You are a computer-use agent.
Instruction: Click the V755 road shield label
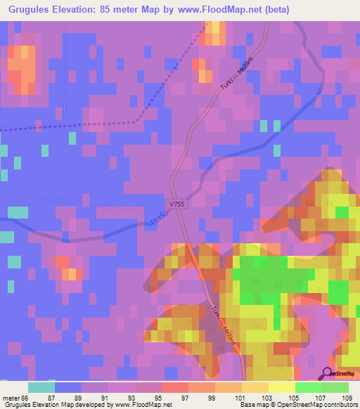(176, 203)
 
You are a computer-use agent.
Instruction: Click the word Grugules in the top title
(28, 10)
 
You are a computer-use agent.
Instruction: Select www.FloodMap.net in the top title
(221, 10)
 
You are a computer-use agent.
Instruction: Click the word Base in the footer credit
(247, 405)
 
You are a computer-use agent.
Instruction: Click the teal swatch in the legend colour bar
(41, 387)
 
